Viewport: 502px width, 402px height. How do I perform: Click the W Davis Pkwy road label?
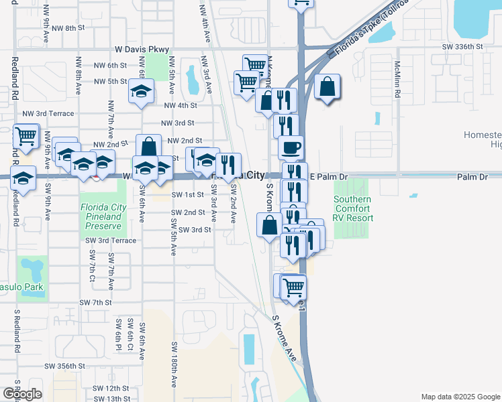142,49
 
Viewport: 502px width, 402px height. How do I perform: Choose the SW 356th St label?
65,366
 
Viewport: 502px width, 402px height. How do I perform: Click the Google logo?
22,394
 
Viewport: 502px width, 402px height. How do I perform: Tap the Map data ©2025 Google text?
460,397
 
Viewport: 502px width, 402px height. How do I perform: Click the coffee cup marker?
290,147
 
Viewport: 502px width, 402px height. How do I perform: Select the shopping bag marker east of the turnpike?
326,86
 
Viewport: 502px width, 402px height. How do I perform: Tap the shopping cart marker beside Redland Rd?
26,135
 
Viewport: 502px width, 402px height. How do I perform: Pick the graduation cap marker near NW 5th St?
141,92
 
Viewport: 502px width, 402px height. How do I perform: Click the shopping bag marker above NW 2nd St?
148,145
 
